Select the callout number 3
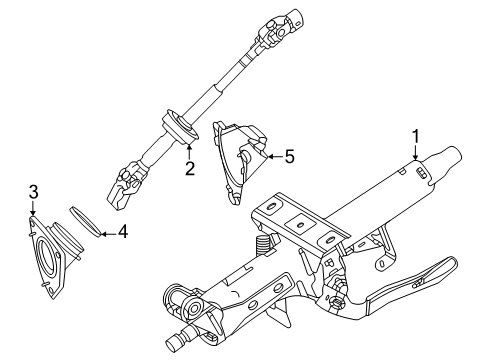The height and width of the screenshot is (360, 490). click(33, 192)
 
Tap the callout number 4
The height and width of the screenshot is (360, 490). click(122, 233)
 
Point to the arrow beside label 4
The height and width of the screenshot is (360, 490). click(106, 233)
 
